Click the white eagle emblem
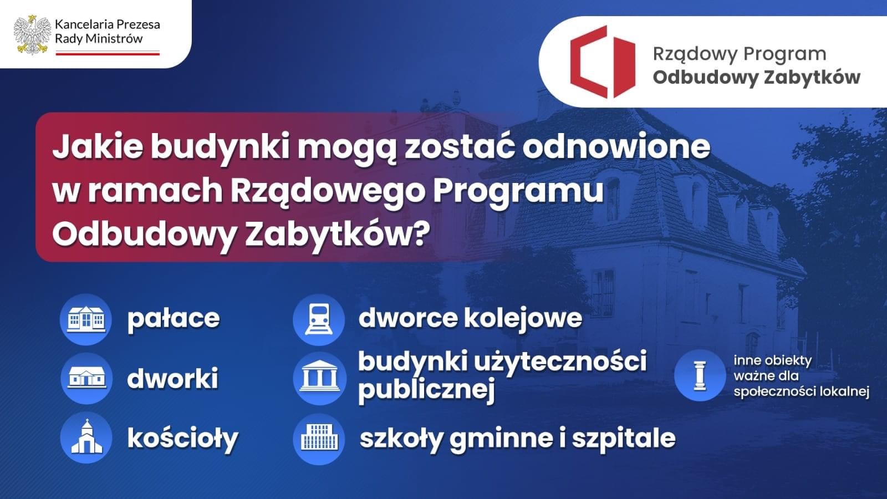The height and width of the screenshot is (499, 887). tap(33, 35)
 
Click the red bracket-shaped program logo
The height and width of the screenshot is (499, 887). tap(602, 62)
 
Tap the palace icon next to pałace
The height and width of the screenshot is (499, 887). tap(86, 319)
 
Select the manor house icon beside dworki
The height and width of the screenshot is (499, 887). tap(87, 378)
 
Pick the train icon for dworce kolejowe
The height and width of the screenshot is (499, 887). tap(319, 319)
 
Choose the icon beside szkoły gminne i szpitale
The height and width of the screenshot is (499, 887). tap(319, 437)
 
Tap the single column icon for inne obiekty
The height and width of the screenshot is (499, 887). tap(700, 375)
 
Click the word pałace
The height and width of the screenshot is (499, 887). tap(174, 319)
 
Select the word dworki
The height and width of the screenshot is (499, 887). tap(172, 378)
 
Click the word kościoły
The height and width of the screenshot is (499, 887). tap(183, 439)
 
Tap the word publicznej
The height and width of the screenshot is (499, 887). tap(426, 390)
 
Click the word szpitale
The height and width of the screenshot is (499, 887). tap(624, 439)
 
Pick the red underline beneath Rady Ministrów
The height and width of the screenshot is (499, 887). tap(108, 53)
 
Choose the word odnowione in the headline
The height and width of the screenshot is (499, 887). tap(616, 147)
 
